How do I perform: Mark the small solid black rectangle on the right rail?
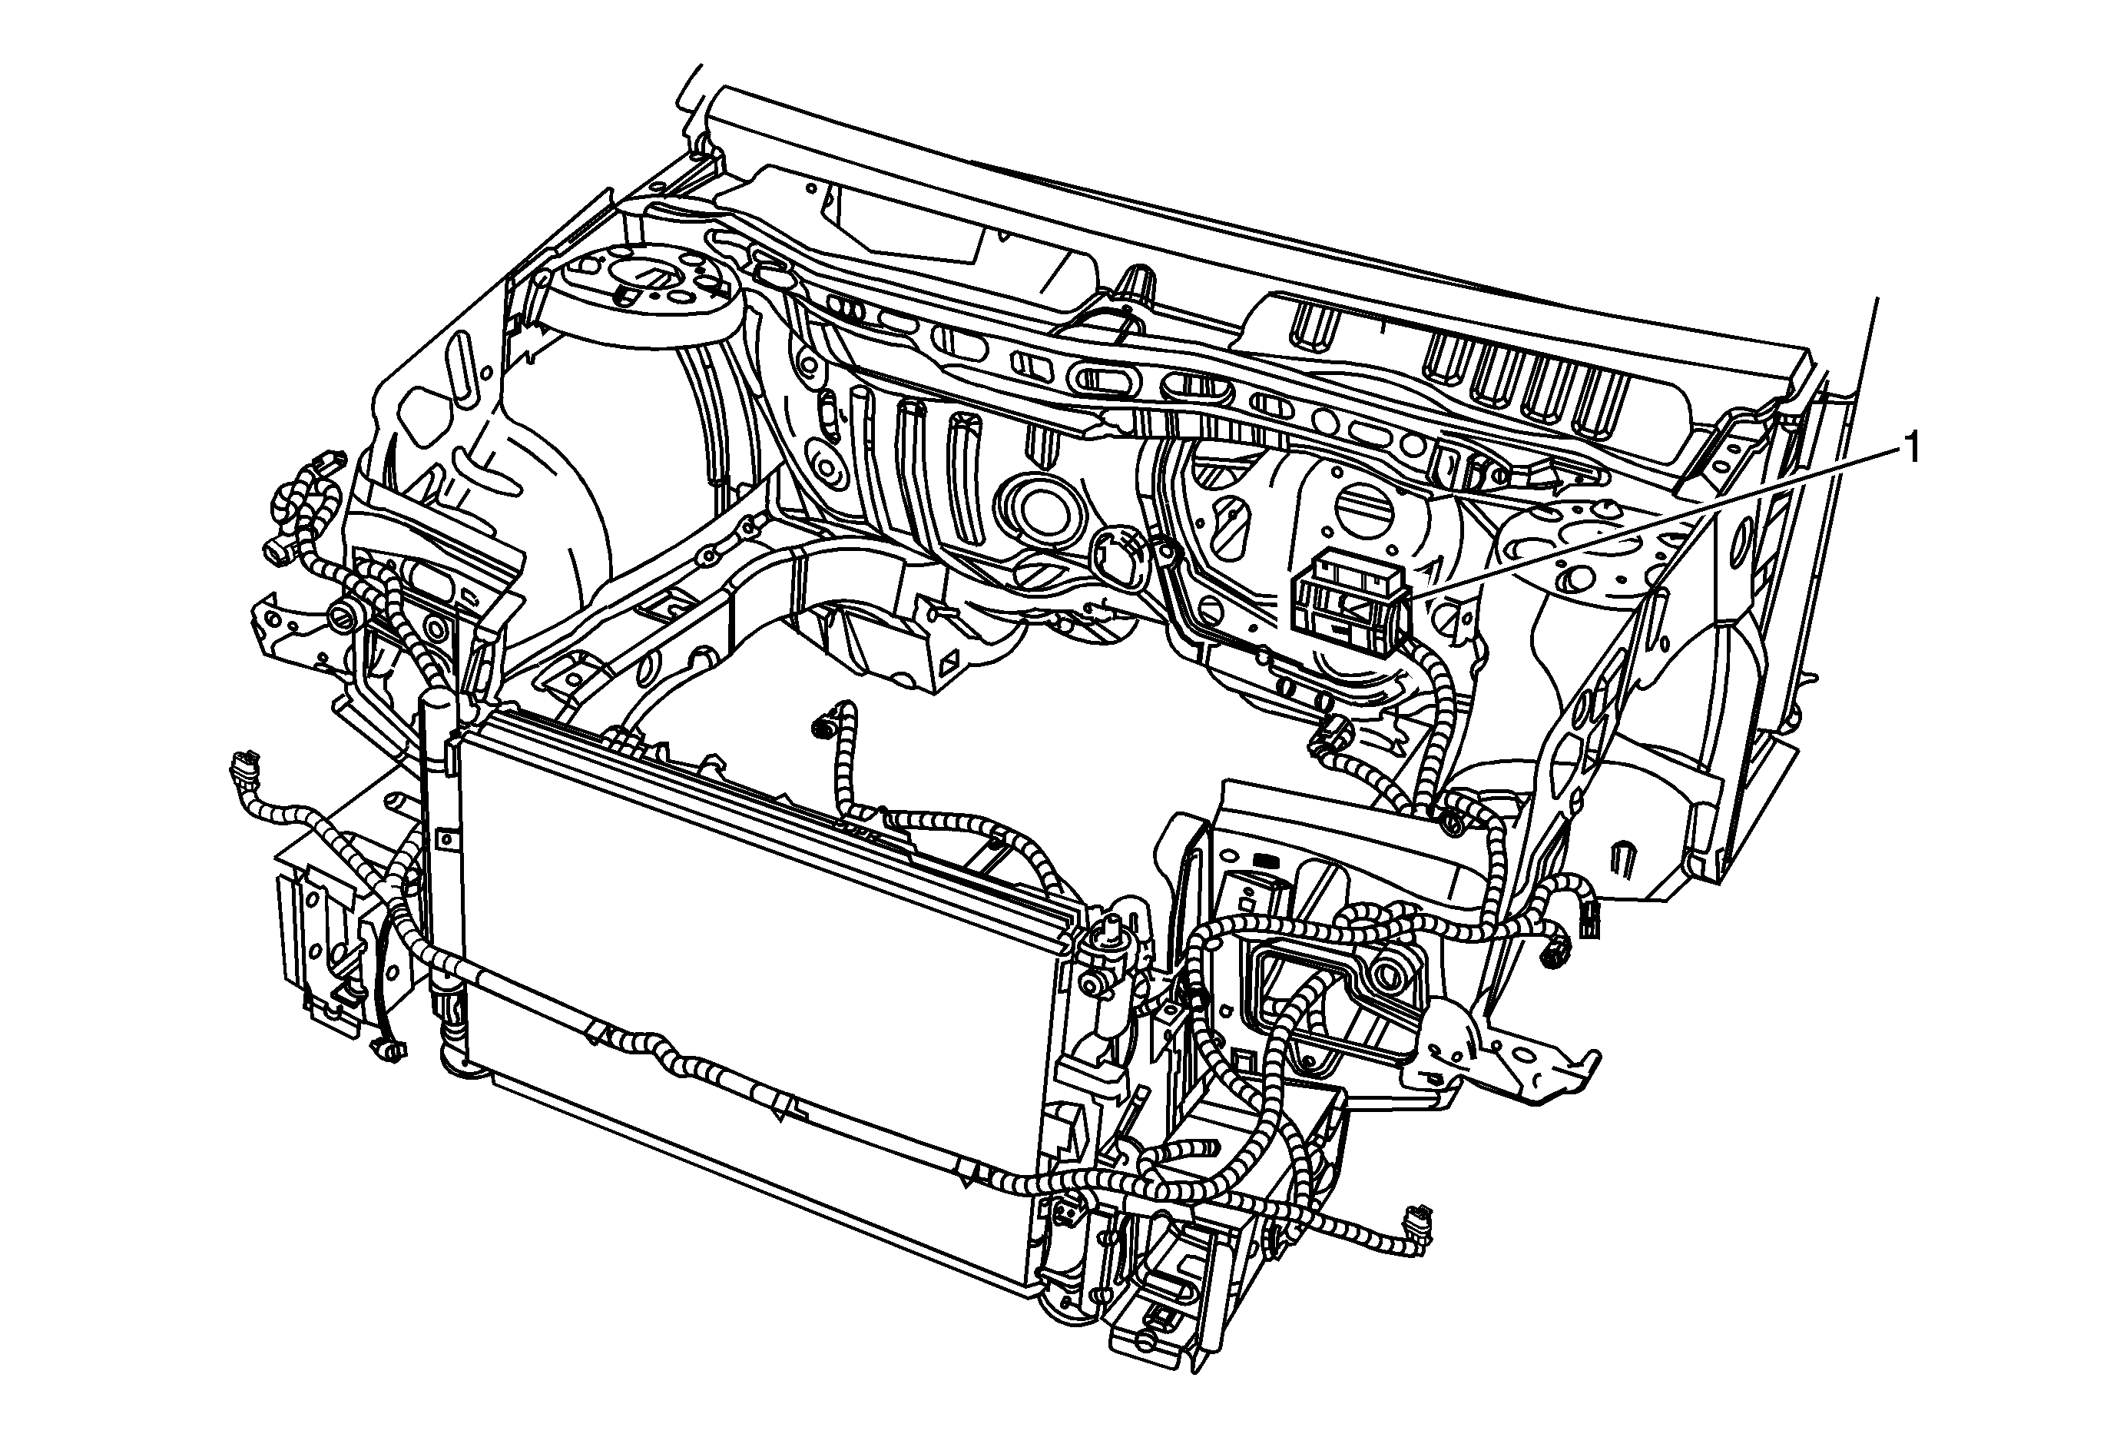pos(1264,858)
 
